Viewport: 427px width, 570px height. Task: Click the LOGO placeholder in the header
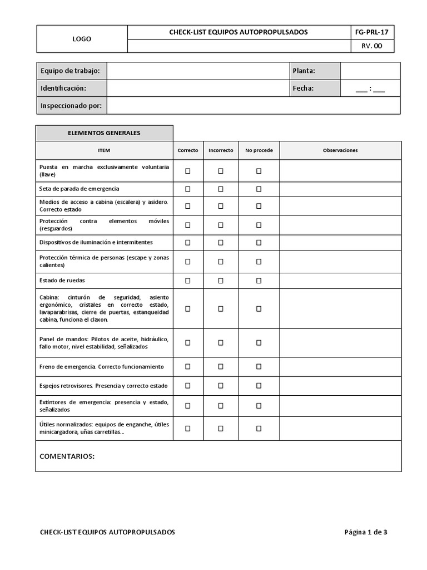point(82,39)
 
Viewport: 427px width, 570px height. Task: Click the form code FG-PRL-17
point(371,32)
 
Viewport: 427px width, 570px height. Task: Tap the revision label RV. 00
point(371,46)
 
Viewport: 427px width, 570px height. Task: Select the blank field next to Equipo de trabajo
point(198,71)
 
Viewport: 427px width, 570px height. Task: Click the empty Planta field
point(370,71)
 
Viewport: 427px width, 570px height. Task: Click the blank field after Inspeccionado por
point(253,105)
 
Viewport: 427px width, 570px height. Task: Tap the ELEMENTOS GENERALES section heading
point(104,133)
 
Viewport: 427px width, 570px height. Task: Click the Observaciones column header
point(340,150)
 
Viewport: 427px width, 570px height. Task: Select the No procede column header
point(259,150)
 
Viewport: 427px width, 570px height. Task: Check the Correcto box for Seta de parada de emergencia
point(188,189)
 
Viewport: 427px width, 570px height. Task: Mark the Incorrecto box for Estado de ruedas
point(221,281)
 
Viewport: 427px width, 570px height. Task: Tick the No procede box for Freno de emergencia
point(259,366)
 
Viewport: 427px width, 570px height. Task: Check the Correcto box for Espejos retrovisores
point(188,385)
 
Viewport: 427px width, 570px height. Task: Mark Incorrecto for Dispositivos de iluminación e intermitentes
point(221,242)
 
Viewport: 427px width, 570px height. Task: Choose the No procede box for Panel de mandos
point(259,342)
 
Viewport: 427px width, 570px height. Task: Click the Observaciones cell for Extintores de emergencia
point(340,406)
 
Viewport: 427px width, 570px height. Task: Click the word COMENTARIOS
point(67,456)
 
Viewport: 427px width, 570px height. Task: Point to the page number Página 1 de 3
point(366,532)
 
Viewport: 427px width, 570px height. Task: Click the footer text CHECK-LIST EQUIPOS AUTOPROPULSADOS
point(107,532)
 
